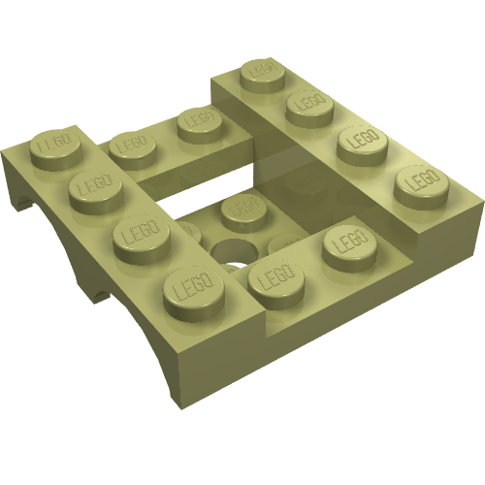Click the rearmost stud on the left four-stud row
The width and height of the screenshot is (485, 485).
click(52, 145)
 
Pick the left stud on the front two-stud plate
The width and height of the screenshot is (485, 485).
click(275, 281)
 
